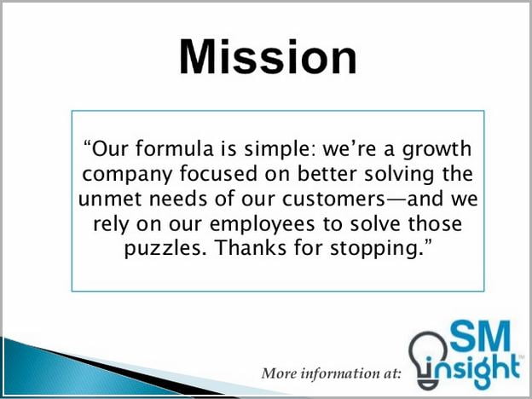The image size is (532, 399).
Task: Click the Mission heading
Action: coord(268,56)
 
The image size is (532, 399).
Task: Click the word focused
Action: coord(218,173)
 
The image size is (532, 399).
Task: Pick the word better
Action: coord(327,173)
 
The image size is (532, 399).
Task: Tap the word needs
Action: coord(178,198)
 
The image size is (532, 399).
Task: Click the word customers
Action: coord(333,199)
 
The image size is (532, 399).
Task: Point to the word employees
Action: coord(263,225)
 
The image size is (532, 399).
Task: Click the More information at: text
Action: coord(331,373)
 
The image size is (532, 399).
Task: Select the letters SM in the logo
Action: coord(480,336)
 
